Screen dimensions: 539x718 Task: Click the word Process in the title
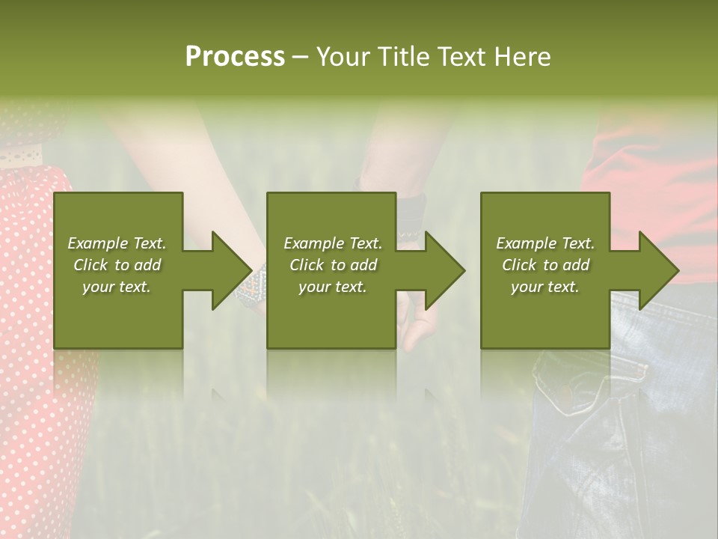(x=235, y=56)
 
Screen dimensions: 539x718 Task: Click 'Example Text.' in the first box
(x=117, y=243)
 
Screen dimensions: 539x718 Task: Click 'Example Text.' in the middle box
(x=333, y=243)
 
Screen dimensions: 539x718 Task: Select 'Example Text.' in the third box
(x=545, y=243)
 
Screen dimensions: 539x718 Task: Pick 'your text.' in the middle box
(x=333, y=287)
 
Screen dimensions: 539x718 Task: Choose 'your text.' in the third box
(x=545, y=287)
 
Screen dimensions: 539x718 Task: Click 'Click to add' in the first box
(x=117, y=265)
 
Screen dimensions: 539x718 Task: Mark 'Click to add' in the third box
(x=545, y=265)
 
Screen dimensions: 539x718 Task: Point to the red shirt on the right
(x=658, y=187)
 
